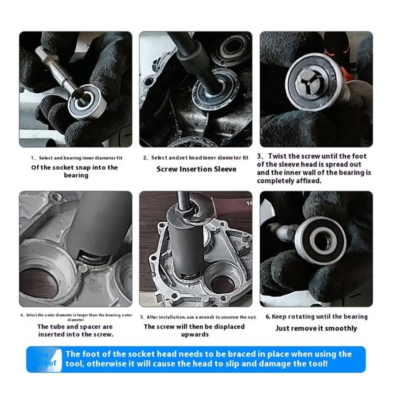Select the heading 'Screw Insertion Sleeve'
pos(196,169)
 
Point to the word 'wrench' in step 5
pos(206,317)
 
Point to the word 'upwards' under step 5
pos(196,335)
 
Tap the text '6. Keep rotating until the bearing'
pos(316,317)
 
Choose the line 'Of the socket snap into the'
pos(75,167)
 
